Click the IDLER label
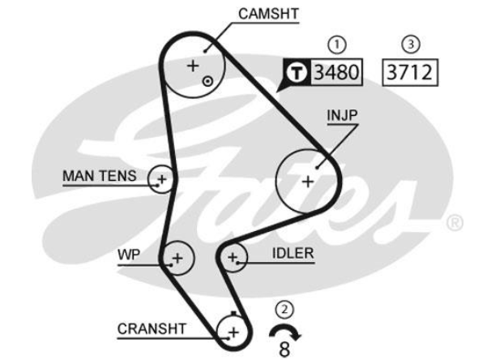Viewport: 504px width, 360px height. click(x=293, y=253)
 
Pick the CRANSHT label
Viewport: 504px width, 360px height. click(x=152, y=328)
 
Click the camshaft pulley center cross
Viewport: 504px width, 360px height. click(x=193, y=65)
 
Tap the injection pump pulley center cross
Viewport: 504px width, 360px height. click(x=307, y=181)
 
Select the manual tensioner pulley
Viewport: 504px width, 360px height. click(x=161, y=178)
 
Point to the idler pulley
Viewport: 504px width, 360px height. click(x=233, y=259)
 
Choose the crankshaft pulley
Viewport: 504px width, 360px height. click(x=233, y=331)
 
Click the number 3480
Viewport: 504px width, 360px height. click(x=335, y=72)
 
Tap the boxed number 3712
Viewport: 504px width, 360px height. click(x=412, y=72)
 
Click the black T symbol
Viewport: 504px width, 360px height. click(x=297, y=73)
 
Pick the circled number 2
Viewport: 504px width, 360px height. click(x=284, y=309)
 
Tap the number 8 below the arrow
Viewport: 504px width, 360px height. click(x=284, y=349)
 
